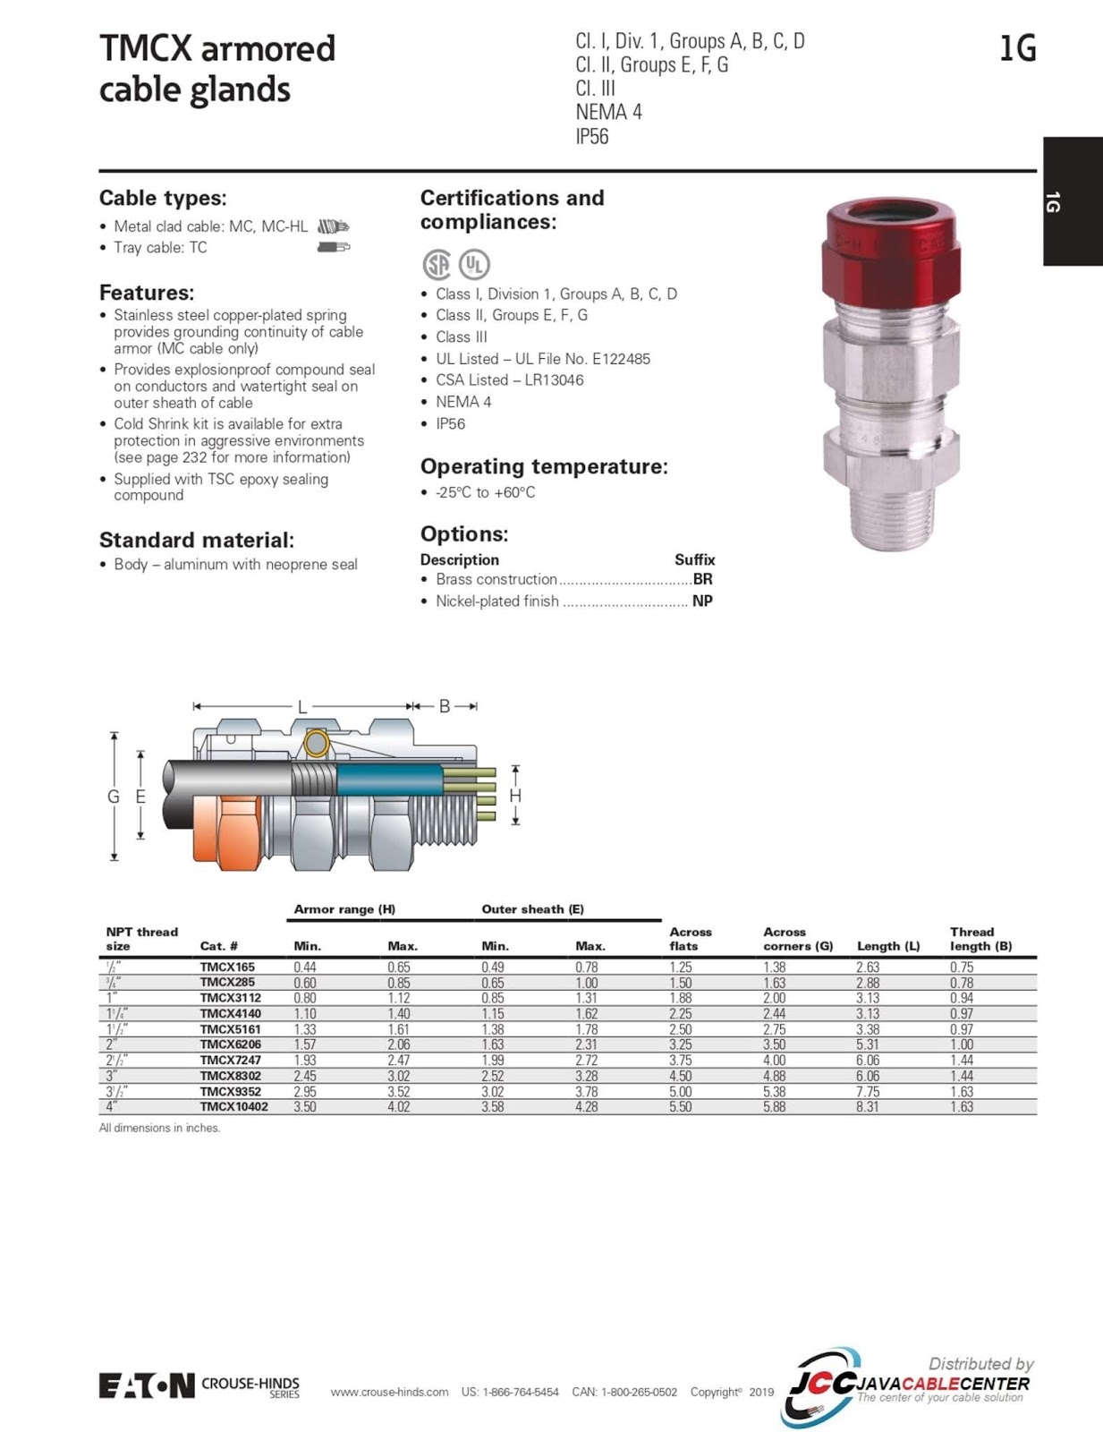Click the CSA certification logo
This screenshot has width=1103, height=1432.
pos(437,264)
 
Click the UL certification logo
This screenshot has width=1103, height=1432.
pos(474,264)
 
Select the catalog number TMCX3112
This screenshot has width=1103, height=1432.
pos(231,998)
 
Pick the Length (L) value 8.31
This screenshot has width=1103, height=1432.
pos(867,1107)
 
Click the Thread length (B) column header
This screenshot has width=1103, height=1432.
pos(980,939)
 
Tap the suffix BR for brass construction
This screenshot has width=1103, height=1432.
pos(702,579)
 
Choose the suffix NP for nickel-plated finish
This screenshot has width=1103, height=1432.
pos(702,601)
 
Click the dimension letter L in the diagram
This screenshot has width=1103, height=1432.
pos(302,707)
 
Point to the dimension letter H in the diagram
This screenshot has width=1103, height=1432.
pos(515,796)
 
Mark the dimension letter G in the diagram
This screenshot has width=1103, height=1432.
pos(114,797)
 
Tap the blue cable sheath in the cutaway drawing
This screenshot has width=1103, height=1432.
pos(389,781)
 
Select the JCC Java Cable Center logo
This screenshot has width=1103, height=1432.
pos(908,1385)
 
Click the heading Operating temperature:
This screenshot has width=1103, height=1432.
pos(544,466)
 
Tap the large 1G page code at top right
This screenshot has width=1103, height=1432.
pos(1017,48)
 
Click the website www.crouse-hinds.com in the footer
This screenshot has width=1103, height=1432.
pos(389,1392)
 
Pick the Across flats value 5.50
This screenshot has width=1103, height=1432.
pos(680,1107)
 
